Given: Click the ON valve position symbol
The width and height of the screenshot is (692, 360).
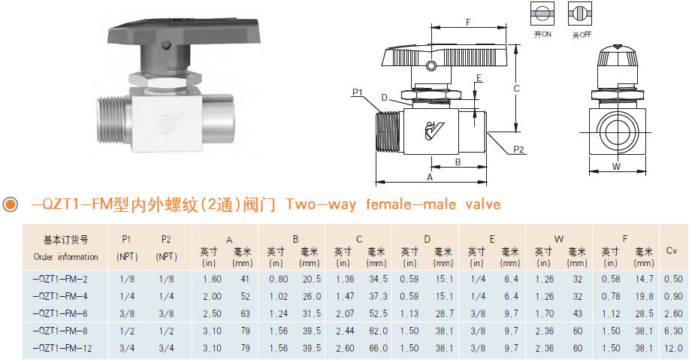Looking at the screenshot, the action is coord(542,14).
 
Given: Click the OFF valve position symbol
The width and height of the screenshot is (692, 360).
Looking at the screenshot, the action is coord(579,14).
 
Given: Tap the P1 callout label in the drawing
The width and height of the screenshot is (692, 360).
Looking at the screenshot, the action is coord(357,92).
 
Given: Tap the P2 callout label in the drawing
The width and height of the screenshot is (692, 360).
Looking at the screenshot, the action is coord(518,150).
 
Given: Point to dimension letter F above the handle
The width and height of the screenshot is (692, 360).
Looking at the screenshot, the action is coord(468,22).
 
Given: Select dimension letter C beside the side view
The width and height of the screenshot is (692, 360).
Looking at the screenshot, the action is coord(516,89).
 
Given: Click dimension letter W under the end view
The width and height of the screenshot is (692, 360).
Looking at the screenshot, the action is coord(617,167).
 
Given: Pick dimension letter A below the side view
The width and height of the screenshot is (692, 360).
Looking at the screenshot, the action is coord(430,177).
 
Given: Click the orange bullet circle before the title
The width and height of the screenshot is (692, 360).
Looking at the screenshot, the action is coord(10,204).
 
